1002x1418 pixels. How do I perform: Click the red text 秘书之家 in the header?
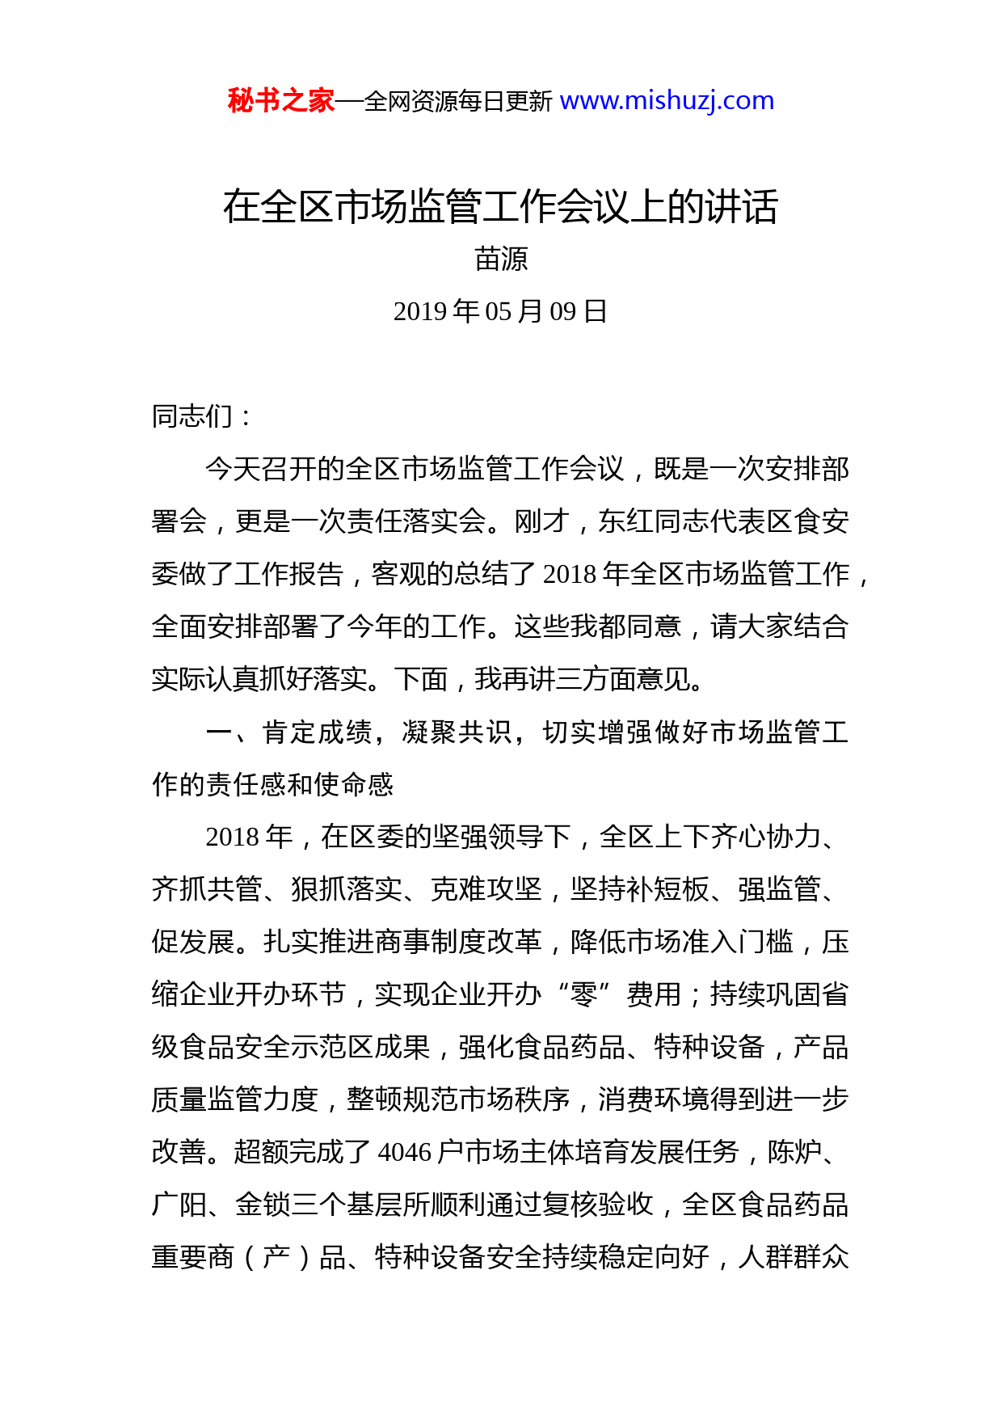[280, 101]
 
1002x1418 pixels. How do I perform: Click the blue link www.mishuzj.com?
[667, 101]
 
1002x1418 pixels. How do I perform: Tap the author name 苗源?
[501, 260]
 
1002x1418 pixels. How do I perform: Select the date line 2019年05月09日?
[500, 311]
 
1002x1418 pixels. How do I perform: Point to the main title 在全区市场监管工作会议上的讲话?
[500, 207]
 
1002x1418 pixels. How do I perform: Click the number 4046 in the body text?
[405, 1152]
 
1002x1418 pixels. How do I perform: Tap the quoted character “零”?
[583, 994]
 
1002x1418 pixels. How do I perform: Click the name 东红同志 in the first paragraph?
[653, 521]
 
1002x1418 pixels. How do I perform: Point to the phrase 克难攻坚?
[486, 889]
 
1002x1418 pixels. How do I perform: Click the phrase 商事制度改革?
[458, 942]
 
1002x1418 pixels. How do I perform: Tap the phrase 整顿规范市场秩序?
[458, 1099]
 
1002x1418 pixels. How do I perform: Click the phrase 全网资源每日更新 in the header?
[458, 102]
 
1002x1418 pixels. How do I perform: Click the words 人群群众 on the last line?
[794, 1257]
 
